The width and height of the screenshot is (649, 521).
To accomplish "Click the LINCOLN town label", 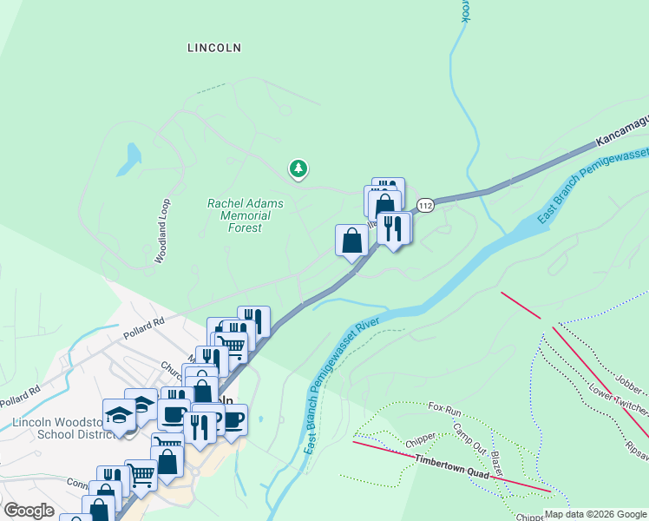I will [x=213, y=49].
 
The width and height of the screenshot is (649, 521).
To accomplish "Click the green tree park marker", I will [x=298, y=168].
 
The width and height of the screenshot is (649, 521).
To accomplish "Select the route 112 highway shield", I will [x=424, y=205].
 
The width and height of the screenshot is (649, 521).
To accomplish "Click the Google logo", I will [x=29, y=511].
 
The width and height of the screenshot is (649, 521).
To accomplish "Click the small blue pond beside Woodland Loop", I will [x=133, y=157].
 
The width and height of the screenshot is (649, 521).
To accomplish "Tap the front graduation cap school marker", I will [x=119, y=416].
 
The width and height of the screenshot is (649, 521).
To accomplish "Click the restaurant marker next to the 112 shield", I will [x=393, y=229].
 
